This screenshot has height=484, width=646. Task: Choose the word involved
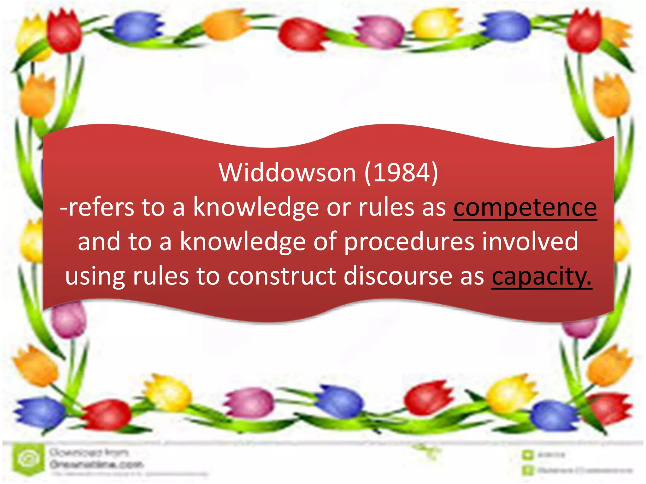[530, 241]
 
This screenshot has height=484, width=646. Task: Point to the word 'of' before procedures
[325, 241]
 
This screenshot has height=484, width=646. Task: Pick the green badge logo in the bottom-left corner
[28, 458]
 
